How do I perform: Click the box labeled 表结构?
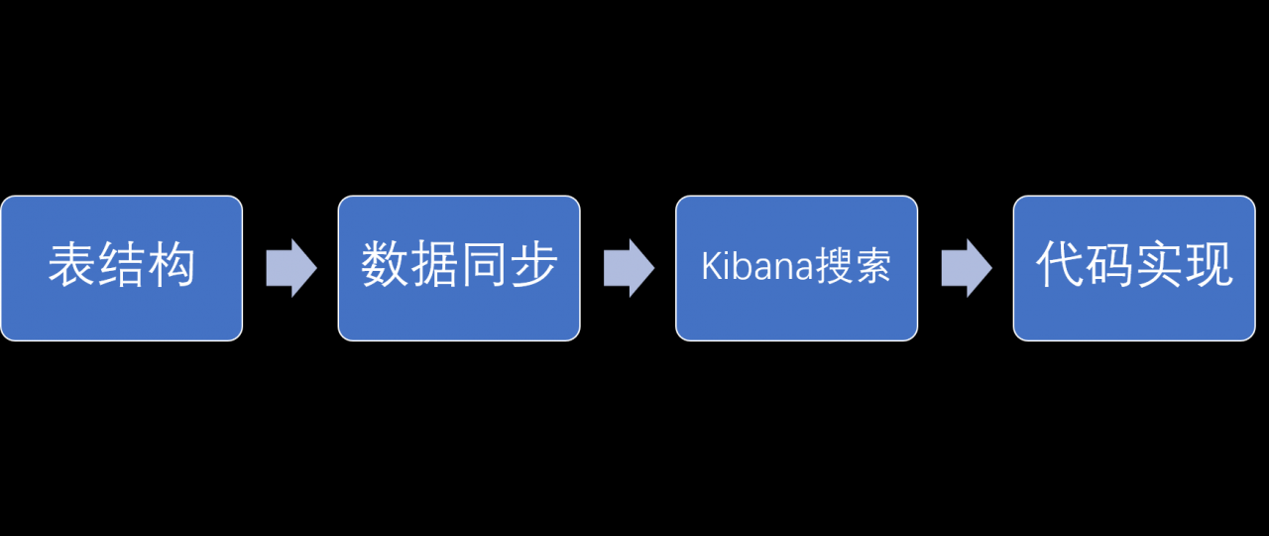[x=122, y=268]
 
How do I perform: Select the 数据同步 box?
[x=459, y=268]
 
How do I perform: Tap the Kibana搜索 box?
[x=796, y=268]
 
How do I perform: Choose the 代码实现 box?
[x=1134, y=268]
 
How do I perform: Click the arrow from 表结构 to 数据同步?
[x=291, y=268]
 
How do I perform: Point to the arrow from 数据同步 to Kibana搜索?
[x=629, y=268]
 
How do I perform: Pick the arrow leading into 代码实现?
[x=967, y=268]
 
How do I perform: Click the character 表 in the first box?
[x=72, y=265]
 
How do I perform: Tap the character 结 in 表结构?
[x=121, y=265]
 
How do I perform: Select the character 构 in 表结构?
[x=172, y=265]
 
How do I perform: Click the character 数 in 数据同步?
[x=385, y=264]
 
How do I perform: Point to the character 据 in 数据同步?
[x=434, y=264]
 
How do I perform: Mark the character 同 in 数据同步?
[x=485, y=264]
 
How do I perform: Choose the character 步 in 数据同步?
[x=533, y=264]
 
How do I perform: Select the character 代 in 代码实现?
[x=1060, y=264]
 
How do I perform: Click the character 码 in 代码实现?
[x=1109, y=264]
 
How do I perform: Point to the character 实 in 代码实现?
[x=1160, y=264]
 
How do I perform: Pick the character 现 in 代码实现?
[x=1209, y=264]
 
